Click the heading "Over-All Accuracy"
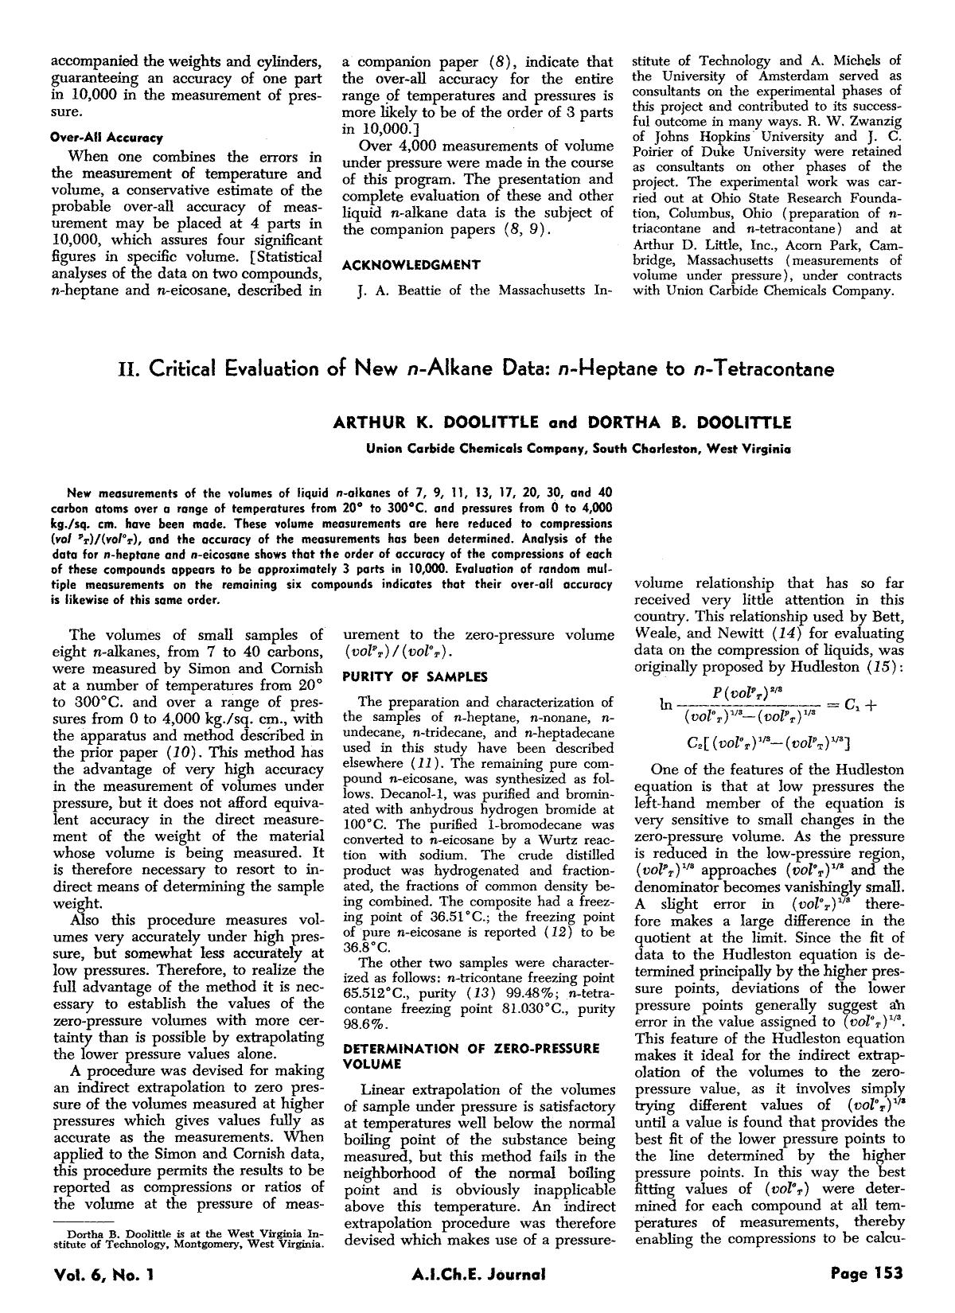(x=107, y=138)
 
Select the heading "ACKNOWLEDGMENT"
(x=411, y=265)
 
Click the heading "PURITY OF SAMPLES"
(x=415, y=676)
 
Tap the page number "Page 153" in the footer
(x=867, y=1273)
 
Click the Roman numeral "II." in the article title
(x=130, y=369)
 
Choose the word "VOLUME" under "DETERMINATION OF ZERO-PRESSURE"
(x=372, y=1063)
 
